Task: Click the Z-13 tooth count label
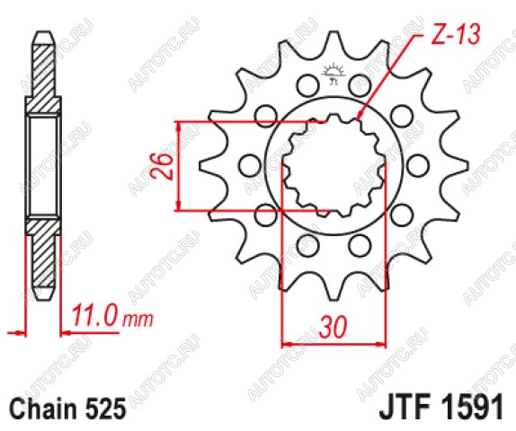(x=456, y=34)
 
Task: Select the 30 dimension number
(x=333, y=327)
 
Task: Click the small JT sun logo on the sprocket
(x=334, y=74)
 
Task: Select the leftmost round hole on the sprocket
(x=249, y=165)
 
